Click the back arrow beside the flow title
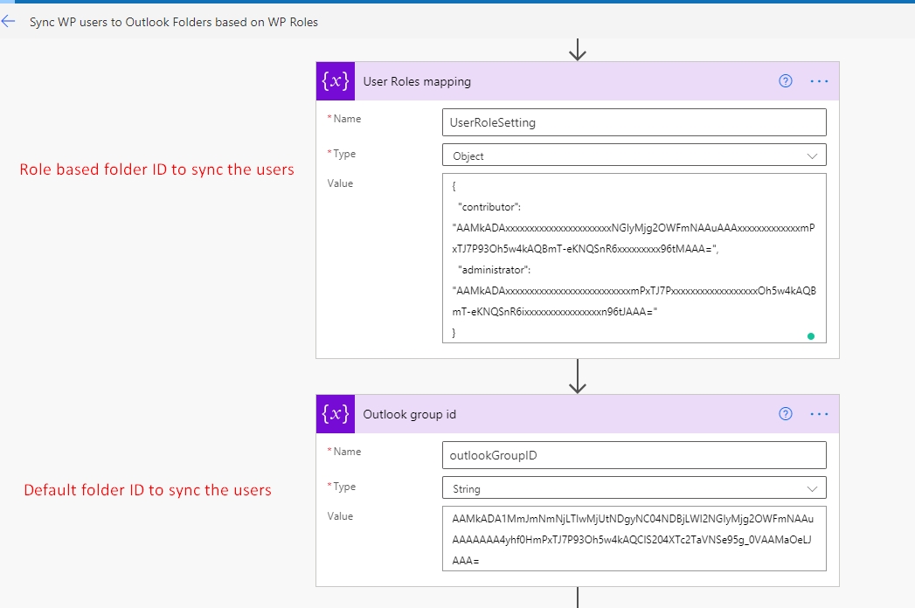coord(8,22)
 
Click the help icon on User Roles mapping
coord(786,81)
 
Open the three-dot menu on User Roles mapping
coord(819,81)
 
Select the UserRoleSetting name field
coord(634,122)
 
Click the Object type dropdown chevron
coord(812,155)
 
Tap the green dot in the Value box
coord(810,336)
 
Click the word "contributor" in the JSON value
coord(489,207)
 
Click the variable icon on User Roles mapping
coord(336,81)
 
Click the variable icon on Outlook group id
coord(336,414)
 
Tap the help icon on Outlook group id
coord(786,414)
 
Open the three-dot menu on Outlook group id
coord(819,414)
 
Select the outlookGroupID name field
coord(634,455)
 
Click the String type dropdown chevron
coord(812,489)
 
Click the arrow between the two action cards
coord(578,377)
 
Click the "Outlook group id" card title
coord(410,414)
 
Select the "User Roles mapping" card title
coord(417,82)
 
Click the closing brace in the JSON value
coord(454,333)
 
